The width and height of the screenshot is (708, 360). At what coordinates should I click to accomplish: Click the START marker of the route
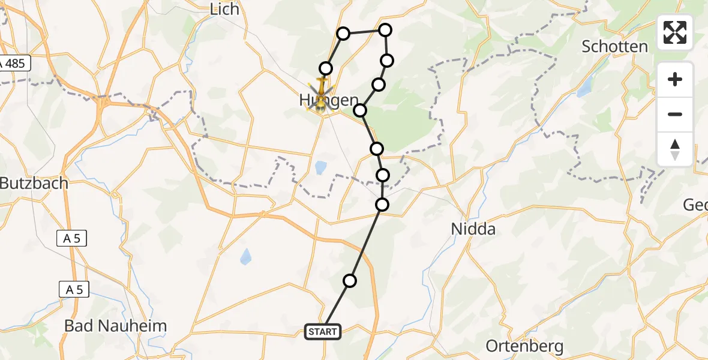[x=323, y=331]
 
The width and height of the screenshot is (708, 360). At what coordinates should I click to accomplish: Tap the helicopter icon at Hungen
[x=321, y=95]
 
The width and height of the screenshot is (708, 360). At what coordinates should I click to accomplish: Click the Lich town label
[x=225, y=9]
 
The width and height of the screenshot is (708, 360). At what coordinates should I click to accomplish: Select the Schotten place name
[x=614, y=47]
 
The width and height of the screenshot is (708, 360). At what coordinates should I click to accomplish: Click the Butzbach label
[x=34, y=184]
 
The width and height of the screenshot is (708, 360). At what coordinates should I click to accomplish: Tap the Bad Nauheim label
[x=115, y=326]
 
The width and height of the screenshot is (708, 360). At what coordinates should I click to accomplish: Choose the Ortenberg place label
[x=524, y=346]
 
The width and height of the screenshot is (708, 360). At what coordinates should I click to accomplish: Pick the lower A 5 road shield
[x=74, y=290]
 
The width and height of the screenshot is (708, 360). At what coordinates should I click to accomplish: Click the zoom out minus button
[x=675, y=114]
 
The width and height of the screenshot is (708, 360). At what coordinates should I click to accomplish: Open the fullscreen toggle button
[x=675, y=32]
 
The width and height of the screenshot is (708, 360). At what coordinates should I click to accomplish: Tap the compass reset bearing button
[x=675, y=149]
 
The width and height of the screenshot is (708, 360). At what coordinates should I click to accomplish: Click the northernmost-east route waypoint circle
[x=385, y=29]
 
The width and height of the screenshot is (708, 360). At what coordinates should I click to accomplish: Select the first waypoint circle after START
[x=350, y=280]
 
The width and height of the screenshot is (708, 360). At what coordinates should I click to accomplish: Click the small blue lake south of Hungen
[x=320, y=166]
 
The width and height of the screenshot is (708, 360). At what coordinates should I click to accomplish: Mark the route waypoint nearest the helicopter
[x=326, y=68]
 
